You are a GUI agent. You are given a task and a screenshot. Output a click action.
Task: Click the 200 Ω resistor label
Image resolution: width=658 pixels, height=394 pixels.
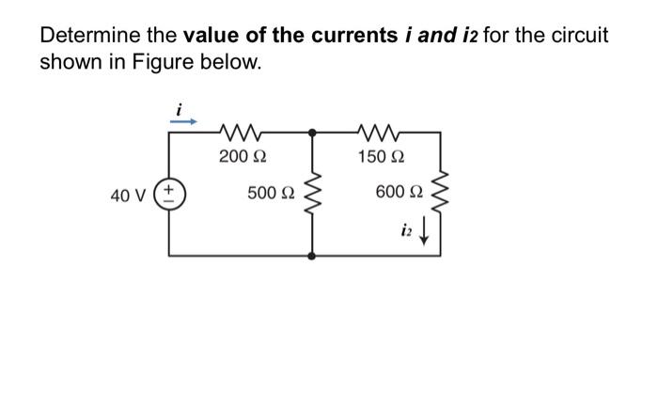point(239,155)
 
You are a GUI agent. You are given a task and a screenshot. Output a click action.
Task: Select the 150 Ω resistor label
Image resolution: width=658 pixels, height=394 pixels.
point(380,155)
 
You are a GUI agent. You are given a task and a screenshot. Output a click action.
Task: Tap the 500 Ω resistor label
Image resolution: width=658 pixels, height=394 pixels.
point(271,193)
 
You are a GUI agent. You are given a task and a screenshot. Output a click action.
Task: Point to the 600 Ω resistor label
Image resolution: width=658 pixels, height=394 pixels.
point(399,193)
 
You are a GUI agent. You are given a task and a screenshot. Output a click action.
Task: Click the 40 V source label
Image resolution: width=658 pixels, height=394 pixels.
point(128,196)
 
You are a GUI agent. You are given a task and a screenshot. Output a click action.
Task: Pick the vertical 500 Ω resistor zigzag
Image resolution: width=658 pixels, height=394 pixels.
point(311,195)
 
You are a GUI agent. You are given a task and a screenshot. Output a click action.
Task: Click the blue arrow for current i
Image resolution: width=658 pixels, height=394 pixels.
point(183,120)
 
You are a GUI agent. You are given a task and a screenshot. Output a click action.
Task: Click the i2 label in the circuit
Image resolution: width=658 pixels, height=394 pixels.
point(406,229)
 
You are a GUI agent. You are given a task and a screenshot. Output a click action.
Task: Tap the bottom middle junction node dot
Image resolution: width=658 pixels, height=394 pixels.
point(311,255)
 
